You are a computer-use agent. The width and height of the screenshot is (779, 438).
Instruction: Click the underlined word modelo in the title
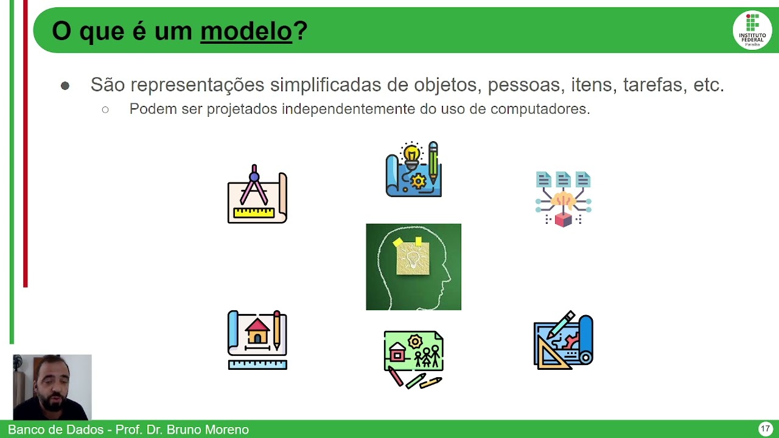(x=246, y=31)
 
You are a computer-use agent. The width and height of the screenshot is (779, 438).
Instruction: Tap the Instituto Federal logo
(x=752, y=30)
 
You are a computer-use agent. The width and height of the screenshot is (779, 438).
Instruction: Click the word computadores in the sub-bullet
(x=540, y=109)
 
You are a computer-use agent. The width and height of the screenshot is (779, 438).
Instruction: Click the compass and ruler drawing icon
(x=257, y=195)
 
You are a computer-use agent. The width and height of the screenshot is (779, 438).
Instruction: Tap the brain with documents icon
(x=563, y=198)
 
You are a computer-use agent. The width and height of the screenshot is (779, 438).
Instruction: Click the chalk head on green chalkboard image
(x=413, y=267)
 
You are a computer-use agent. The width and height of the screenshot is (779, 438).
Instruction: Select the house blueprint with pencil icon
(x=257, y=340)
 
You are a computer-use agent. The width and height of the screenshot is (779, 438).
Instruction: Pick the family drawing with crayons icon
(x=413, y=359)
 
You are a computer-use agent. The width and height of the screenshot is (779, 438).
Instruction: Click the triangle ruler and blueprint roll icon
(x=563, y=341)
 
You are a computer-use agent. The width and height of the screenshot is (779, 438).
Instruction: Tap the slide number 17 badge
(x=765, y=429)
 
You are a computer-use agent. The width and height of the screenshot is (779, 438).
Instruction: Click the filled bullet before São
(x=65, y=86)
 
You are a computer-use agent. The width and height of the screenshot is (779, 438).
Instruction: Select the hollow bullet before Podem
(x=105, y=110)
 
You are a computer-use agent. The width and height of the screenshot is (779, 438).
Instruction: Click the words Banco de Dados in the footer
(x=55, y=429)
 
